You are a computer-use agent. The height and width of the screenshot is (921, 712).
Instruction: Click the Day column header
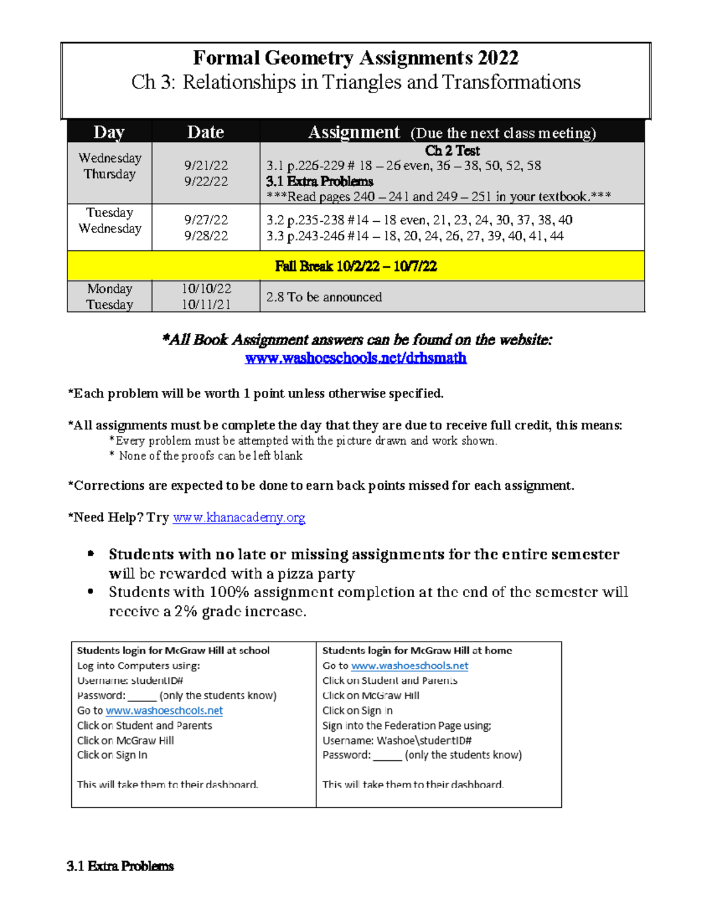(x=109, y=132)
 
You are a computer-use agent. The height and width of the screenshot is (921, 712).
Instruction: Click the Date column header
(x=205, y=132)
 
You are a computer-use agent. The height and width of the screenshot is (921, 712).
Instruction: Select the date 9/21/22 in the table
(x=206, y=165)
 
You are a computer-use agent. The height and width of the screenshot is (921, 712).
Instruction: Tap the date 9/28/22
(x=206, y=236)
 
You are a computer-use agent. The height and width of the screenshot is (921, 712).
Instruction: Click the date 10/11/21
(x=206, y=305)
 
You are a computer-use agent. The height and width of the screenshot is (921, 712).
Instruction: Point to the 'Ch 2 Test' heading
(x=452, y=151)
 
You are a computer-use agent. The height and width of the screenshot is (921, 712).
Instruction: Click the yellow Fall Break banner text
(x=355, y=266)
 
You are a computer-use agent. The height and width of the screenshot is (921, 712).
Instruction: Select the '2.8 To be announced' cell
(x=324, y=297)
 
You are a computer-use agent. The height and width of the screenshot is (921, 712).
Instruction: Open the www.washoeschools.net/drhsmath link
(x=355, y=358)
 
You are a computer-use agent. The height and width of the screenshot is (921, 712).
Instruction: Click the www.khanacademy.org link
(x=239, y=518)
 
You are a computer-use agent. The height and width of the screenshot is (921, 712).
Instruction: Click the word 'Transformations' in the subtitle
(x=511, y=82)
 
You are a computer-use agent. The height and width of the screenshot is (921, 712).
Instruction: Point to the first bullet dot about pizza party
(x=91, y=554)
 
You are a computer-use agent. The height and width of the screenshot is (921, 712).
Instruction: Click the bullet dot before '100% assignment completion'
(x=91, y=592)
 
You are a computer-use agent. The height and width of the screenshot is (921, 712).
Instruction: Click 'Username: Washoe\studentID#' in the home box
(x=397, y=740)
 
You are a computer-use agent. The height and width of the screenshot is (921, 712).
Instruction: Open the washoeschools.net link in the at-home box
(x=409, y=666)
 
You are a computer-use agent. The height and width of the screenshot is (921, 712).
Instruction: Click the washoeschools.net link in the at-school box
(x=164, y=710)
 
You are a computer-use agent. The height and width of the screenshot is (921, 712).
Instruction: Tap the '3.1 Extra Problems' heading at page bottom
(x=120, y=866)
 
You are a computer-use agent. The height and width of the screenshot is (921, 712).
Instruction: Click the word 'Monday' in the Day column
(x=110, y=289)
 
